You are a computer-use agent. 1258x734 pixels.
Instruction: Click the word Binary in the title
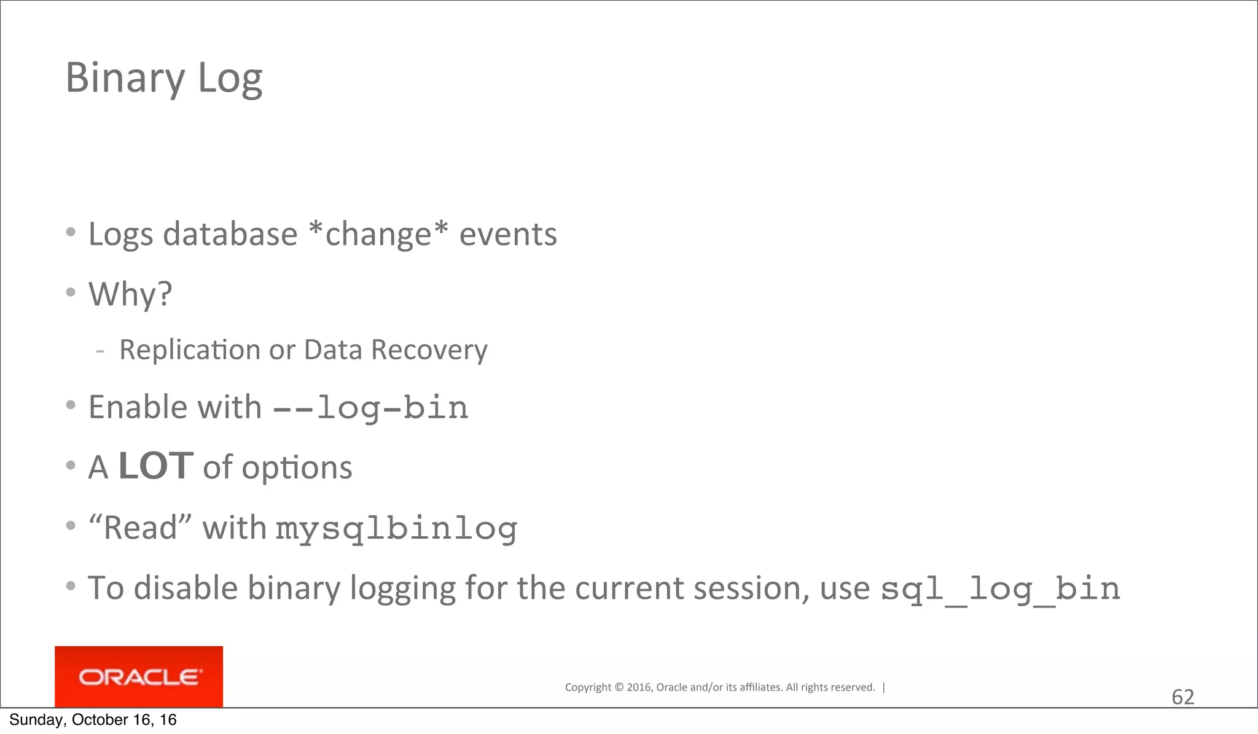click(x=125, y=79)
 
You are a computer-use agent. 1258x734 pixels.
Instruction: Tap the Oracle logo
click(x=139, y=677)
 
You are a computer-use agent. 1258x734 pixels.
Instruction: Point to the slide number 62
click(x=1182, y=697)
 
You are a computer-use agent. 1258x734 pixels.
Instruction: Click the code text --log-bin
click(x=370, y=408)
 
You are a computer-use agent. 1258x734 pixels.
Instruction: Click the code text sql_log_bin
click(x=1001, y=589)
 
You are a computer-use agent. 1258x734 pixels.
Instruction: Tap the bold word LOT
click(x=156, y=466)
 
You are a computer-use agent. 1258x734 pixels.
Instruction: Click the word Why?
click(x=130, y=294)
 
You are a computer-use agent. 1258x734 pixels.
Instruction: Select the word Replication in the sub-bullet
click(x=190, y=350)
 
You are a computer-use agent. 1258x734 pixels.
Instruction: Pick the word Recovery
click(x=429, y=350)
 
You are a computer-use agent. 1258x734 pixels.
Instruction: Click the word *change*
click(x=378, y=234)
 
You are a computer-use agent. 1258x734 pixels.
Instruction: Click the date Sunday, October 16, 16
click(x=93, y=720)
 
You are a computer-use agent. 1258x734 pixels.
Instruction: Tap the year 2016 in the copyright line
click(x=639, y=687)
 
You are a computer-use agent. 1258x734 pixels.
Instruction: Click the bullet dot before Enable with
click(x=71, y=405)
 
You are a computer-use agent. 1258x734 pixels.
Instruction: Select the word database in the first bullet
click(x=230, y=234)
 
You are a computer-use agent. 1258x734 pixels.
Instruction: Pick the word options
click(x=297, y=468)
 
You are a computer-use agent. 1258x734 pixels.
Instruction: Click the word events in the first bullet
click(x=508, y=234)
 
